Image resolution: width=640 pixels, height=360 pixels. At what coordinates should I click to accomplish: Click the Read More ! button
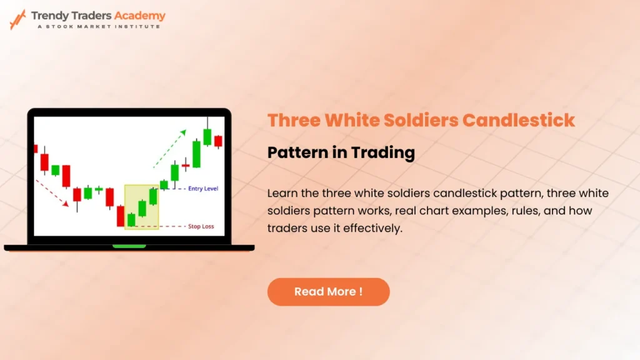tap(328, 292)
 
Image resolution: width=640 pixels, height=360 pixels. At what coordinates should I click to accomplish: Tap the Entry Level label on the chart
tap(202, 189)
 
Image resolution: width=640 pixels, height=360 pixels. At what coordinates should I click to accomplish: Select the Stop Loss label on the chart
tap(201, 226)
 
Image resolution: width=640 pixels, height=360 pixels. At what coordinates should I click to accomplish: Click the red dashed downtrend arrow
tap(52, 194)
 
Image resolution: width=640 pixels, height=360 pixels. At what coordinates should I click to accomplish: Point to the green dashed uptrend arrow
tap(170, 149)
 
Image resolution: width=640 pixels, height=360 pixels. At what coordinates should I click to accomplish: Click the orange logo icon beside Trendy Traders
tap(17, 19)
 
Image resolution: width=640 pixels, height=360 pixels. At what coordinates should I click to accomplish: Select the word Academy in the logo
tap(141, 16)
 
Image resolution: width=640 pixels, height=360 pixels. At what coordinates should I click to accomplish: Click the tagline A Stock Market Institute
tap(99, 26)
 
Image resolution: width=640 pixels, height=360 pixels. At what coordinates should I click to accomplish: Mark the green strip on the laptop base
tap(129, 246)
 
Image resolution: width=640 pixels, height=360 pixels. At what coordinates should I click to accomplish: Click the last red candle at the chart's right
tap(218, 141)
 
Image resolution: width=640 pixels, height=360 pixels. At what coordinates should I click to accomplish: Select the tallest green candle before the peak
tap(196, 154)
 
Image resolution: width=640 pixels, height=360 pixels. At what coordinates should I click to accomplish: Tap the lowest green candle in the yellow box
tap(131, 219)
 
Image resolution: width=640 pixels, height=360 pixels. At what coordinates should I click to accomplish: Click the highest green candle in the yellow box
tap(153, 196)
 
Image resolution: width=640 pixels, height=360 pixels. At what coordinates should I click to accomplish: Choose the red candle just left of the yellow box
tap(121, 216)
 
